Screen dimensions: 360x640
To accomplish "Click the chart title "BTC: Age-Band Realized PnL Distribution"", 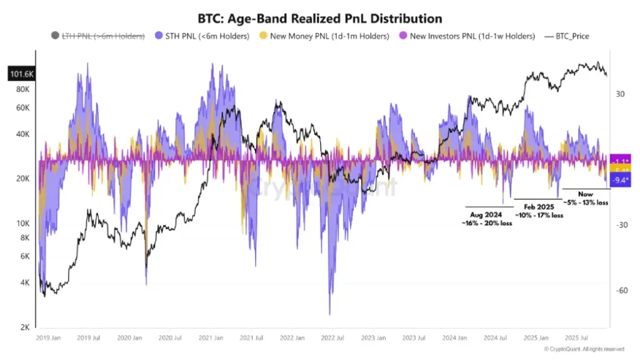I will (x=319, y=19).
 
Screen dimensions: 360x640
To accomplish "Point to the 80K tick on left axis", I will (x=23, y=89).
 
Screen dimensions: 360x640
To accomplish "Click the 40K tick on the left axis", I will (x=23, y=134).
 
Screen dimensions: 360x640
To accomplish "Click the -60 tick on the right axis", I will (x=621, y=291).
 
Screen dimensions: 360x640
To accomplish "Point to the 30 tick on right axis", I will (x=620, y=94).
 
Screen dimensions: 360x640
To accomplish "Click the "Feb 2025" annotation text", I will (x=537, y=206).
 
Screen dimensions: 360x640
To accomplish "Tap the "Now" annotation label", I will (x=585, y=194).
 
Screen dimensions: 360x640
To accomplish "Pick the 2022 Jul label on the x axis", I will (x=332, y=338).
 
